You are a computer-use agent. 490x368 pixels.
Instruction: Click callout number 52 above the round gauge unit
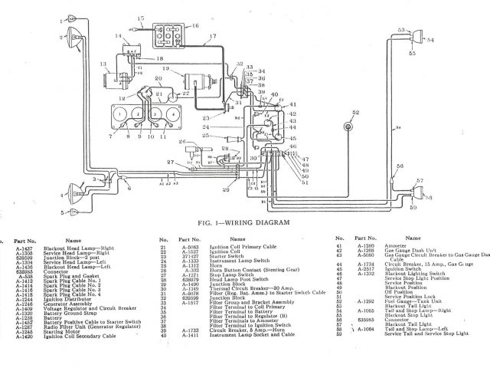(x=354, y=113)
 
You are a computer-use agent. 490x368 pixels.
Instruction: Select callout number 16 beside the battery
(x=195, y=25)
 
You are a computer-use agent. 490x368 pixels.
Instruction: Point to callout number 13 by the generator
(x=103, y=64)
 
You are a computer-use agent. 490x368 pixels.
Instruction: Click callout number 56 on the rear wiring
(x=400, y=166)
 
